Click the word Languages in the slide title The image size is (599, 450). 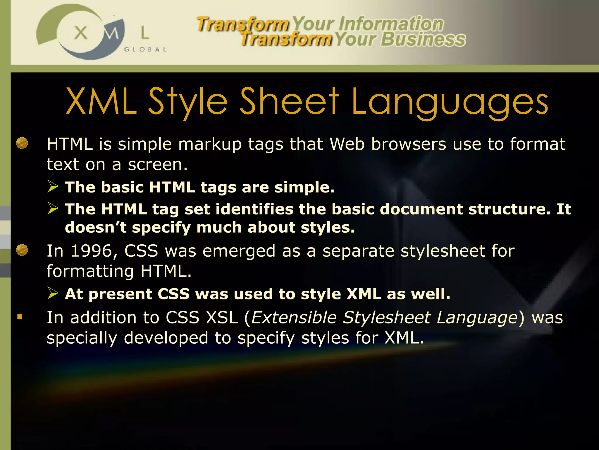[450, 102]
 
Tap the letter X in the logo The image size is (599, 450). [81, 33]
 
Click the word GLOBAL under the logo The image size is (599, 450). [145, 50]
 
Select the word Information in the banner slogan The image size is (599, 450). [391, 24]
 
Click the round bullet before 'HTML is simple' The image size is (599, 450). [22, 144]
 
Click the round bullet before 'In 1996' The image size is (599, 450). [22, 250]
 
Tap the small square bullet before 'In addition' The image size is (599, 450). [20, 316]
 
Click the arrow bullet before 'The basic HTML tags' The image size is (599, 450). [53, 186]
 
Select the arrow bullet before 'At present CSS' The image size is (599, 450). [53, 293]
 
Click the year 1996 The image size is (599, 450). [91, 251]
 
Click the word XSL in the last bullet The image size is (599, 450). [222, 318]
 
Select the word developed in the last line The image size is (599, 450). [166, 338]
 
